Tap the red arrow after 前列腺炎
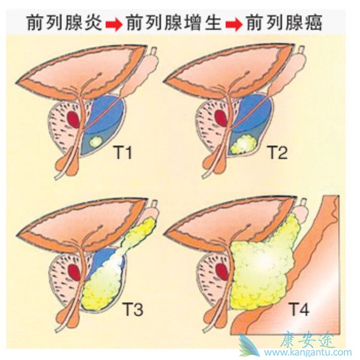(114, 25)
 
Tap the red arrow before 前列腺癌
(234, 25)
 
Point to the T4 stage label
(298, 310)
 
